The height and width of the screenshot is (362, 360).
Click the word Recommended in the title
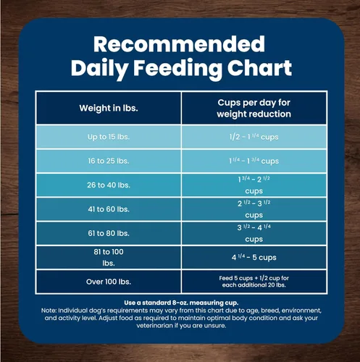coord(179,44)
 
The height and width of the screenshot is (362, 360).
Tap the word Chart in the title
coord(259,67)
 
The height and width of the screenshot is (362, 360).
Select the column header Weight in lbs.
coord(109,108)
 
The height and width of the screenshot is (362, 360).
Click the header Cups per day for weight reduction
coord(254,109)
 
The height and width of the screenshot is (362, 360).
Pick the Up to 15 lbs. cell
coord(109,137)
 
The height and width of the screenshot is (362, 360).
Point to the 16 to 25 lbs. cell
coord(109,161)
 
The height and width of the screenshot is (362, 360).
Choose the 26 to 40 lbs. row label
coord(109,185)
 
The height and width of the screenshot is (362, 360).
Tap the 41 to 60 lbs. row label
coord(109,209)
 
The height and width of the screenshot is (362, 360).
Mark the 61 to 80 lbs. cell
coord(109,233)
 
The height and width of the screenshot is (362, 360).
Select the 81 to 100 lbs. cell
coord(109,258)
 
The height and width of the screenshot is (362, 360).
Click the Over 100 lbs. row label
coord(109,282)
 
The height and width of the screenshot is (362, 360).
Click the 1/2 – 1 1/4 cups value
coord(254,137)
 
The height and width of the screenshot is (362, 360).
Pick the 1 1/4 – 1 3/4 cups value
coord(254,161)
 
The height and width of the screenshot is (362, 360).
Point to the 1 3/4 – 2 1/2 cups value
coord(254,185)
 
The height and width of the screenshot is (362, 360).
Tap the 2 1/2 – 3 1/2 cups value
coord(254,209)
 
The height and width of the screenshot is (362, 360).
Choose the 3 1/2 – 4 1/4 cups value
coord(254,233)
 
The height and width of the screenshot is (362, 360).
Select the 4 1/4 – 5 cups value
coord(254,257)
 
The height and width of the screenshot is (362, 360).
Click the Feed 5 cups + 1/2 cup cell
coord(254,282)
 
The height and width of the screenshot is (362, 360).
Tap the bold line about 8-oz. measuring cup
coord(181,303)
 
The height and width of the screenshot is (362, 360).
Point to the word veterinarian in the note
coord(154,326)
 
